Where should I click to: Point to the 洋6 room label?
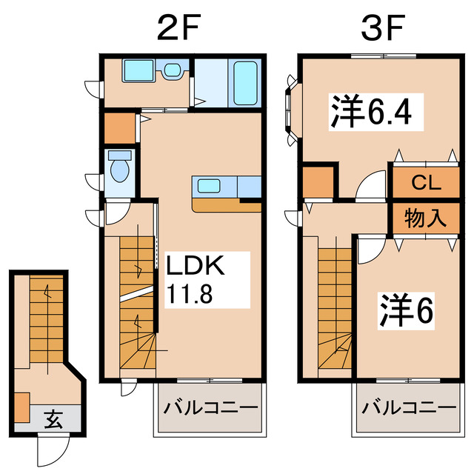[407, 312]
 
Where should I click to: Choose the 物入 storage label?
[424, 218]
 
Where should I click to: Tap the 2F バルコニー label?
[210, 407]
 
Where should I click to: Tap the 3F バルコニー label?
[409, 407]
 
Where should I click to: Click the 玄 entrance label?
[51, 420]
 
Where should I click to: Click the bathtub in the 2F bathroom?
[245, 83]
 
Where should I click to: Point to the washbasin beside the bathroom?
[172, 71]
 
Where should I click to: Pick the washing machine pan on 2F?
[137, 72]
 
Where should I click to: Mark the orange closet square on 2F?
[118, 128]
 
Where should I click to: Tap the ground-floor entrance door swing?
[54, 449]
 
